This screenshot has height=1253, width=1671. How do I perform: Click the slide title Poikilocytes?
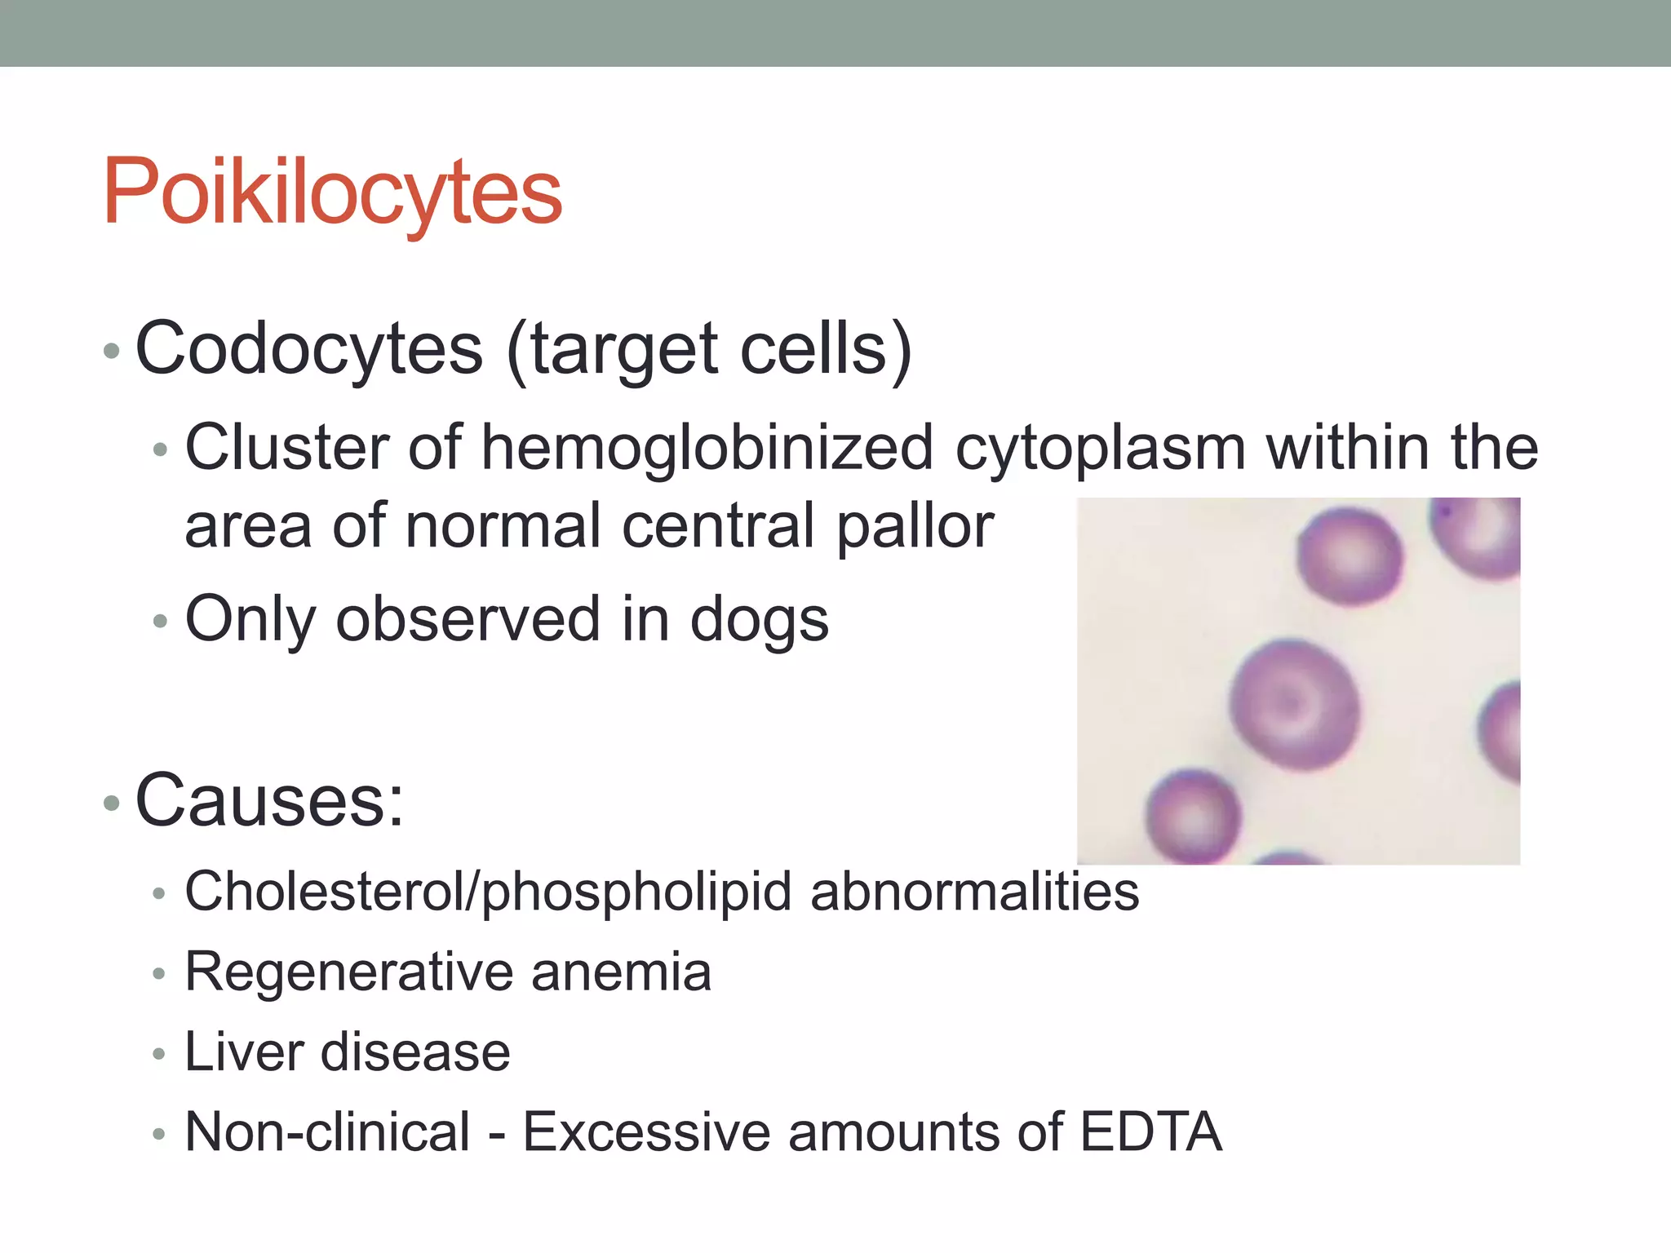332,192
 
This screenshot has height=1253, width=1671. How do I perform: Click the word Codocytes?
309,349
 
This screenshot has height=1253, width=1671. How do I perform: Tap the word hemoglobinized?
707,449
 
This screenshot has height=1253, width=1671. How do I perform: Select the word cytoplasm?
1101,449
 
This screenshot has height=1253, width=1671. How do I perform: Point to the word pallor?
915,527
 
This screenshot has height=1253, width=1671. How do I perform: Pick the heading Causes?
269,801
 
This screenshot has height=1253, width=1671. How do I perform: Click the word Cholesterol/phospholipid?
488,892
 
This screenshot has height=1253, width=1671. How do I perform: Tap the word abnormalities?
974,892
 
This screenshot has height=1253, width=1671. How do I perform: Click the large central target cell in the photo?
1294,705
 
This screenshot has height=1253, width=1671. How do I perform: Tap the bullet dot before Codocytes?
112,352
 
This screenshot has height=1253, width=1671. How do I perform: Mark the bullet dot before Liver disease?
159,1054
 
